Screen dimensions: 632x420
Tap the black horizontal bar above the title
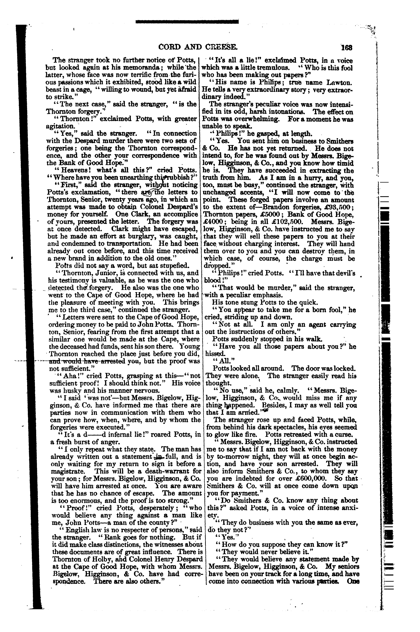[187, 21]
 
